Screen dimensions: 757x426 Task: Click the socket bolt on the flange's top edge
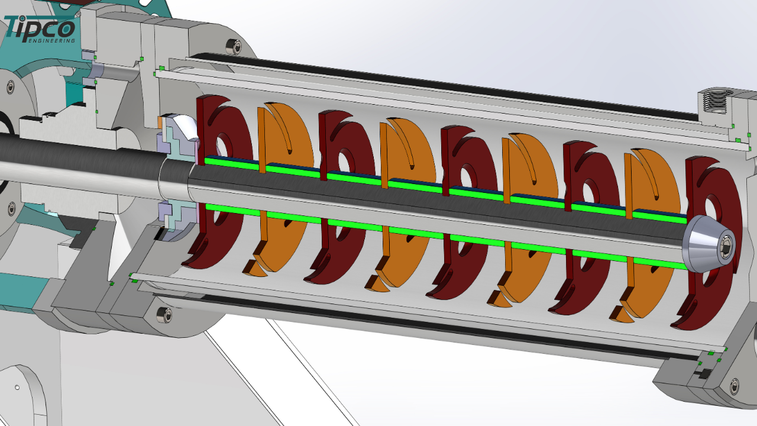click(234, 47)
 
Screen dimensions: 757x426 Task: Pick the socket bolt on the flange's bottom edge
click(164, 315)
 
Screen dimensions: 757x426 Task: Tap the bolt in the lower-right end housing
click(735, 386)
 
